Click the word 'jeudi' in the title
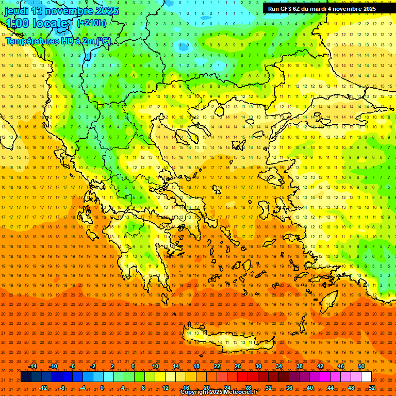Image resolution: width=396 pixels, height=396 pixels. tap(16, 11)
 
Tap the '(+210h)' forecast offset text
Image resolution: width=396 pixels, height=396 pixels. tap(92, 23)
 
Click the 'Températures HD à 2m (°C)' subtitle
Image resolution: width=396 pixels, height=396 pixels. tap(58, 41)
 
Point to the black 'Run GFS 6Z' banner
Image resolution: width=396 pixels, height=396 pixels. tap(322, 9)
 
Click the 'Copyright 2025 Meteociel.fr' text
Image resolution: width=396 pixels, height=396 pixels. tap(219, 392)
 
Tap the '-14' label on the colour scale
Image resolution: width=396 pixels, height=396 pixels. tap(32, 366)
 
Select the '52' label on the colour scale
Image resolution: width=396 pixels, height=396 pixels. tap(372, 388)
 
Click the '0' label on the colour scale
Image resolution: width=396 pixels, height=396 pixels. tap(102, 388)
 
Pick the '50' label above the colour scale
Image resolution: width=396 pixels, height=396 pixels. tap(361, 366)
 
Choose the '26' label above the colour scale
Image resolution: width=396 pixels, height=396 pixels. tap(238, 366)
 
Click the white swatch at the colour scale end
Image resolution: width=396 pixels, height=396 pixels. tap(366, 377)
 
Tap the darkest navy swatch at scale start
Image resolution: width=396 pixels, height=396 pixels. tap(26, 377)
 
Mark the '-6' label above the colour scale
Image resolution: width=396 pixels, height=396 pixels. tap(73, 366)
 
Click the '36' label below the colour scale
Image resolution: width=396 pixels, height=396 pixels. tap(289, 388)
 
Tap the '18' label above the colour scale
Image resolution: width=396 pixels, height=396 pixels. tap(196, 366)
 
